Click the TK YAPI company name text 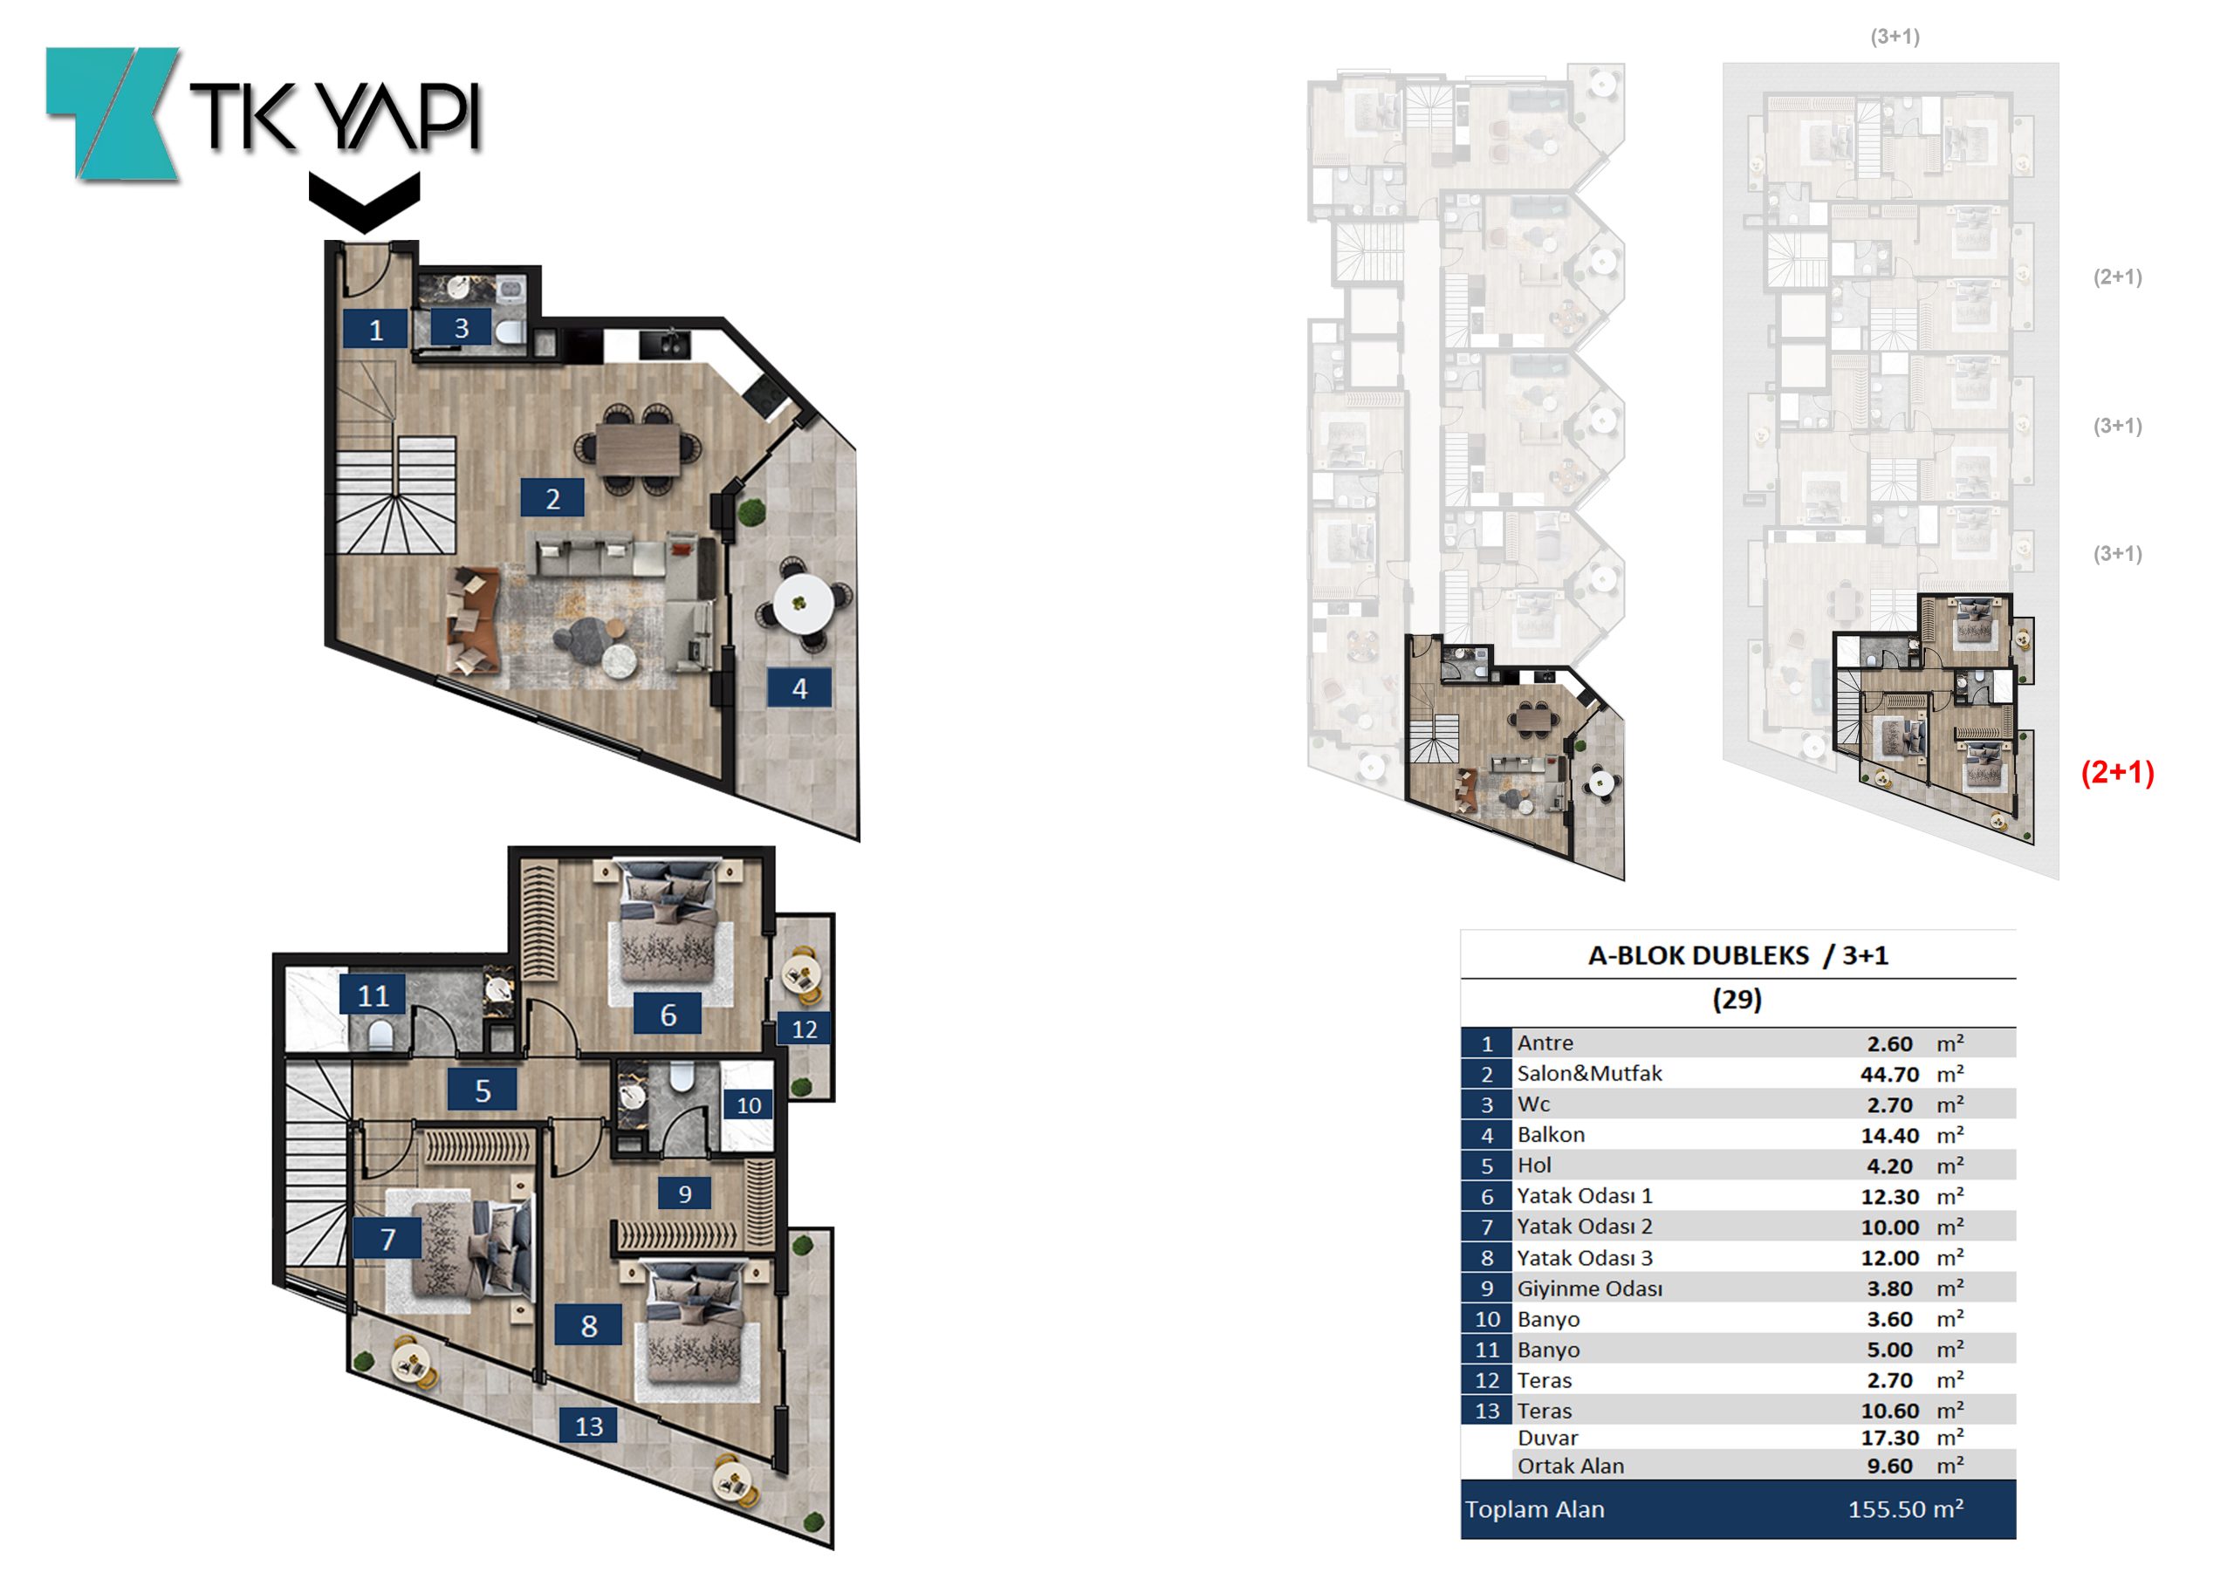pyautogui.click(x=335, y=117)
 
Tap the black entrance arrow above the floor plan pyautogui.click(x=365, y=202)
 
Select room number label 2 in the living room pyautogui.click(x=552, y=498)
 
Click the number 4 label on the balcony pyautogui.click(x=800, y=687)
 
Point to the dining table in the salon pyautogui.click(x=638, y=449)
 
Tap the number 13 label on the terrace pyautogui.click(x=589, y=1426)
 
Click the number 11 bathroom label pyautogui.click(x=373, y=995)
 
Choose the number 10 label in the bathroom pyautogui.click(x=748, y=1105)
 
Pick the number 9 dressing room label pyautogui.click(x=685, y=1193)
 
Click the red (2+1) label pyautogui.click(x=2117, y=772)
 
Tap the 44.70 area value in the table pyautogui.click(x=1889, y=1074)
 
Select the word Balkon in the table pyautogui.click(x=1551, y=1134)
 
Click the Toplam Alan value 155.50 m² pyautogui.click(x=1905, y=1509)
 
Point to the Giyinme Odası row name pyautogui.click(x=1590, y=1288)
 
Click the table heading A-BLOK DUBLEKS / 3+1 pyautogui.click(x=1737, y=955)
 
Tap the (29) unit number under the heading pyautogui.click(x=1737, y=999)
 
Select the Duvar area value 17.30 pyautogui.click(x=1889, y=1438)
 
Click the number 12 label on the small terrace pyautogui.click(x=805, y=1029)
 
